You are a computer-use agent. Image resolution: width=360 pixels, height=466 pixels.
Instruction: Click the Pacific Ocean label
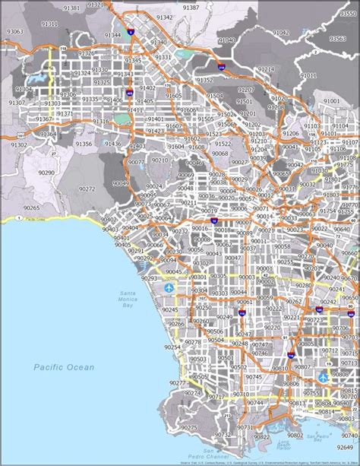tap(64, 367)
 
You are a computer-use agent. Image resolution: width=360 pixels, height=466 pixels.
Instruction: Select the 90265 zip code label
tap(31, 207)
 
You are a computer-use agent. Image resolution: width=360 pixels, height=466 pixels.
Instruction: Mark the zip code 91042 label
tap(280, 33)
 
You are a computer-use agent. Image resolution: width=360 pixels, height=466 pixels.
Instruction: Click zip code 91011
tap(308, 75)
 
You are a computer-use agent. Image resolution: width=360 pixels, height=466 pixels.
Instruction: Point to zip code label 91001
tap(331, 101)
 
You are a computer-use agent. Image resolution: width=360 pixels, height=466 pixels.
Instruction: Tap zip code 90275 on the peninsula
tap(188, 427)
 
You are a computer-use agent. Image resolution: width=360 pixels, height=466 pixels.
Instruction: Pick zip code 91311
tap(50, 24)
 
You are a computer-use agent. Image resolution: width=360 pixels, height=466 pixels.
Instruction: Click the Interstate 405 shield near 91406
tap(129, 93)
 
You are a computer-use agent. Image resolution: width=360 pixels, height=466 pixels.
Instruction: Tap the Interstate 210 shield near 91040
tap(222, 68)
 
